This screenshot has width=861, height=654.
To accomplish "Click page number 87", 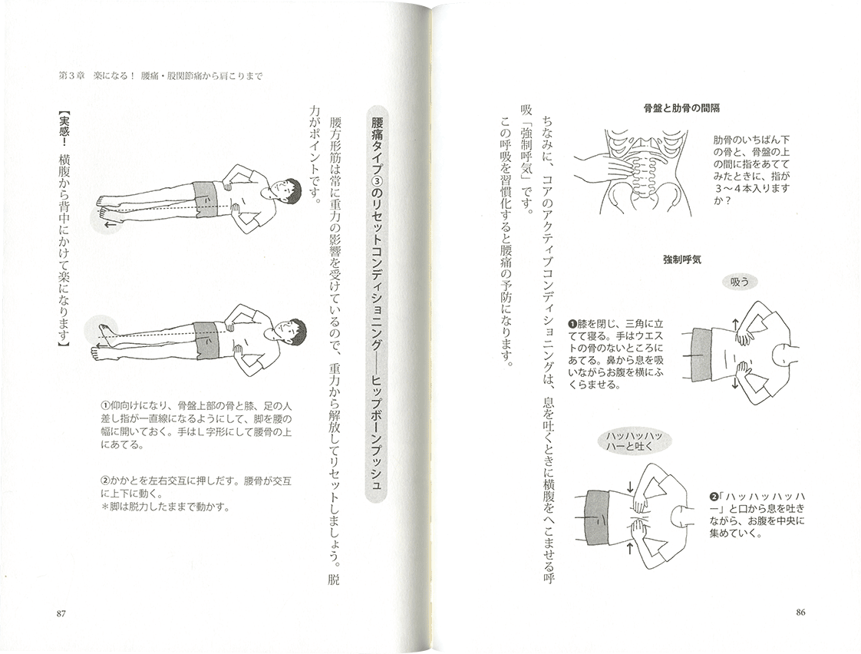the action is coord(61,614).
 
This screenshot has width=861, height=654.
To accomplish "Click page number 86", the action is coord(800,613).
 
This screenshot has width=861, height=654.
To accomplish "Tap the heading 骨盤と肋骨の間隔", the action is coord(681,108).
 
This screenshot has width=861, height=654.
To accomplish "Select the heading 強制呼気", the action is coord(682,259).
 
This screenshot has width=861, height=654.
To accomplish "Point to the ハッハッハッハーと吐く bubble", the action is coord(634,441).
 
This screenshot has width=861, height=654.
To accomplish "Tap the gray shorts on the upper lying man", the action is coord(206,195).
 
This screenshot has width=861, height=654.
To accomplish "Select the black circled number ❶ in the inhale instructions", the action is coord(571,324).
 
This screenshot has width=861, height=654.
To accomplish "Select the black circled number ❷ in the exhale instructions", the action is coord(714,497).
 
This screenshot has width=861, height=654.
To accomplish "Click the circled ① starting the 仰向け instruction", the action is coord(105,406).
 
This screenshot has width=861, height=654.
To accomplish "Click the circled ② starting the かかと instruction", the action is coord(105,481).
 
